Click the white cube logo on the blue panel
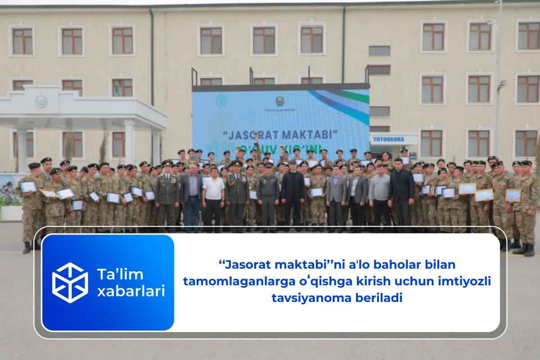[70, 283]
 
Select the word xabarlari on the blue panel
[131, 292]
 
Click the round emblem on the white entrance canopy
[41, 101]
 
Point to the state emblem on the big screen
[279, 101]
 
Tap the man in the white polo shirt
[213, 198]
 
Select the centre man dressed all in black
[293, 193]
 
